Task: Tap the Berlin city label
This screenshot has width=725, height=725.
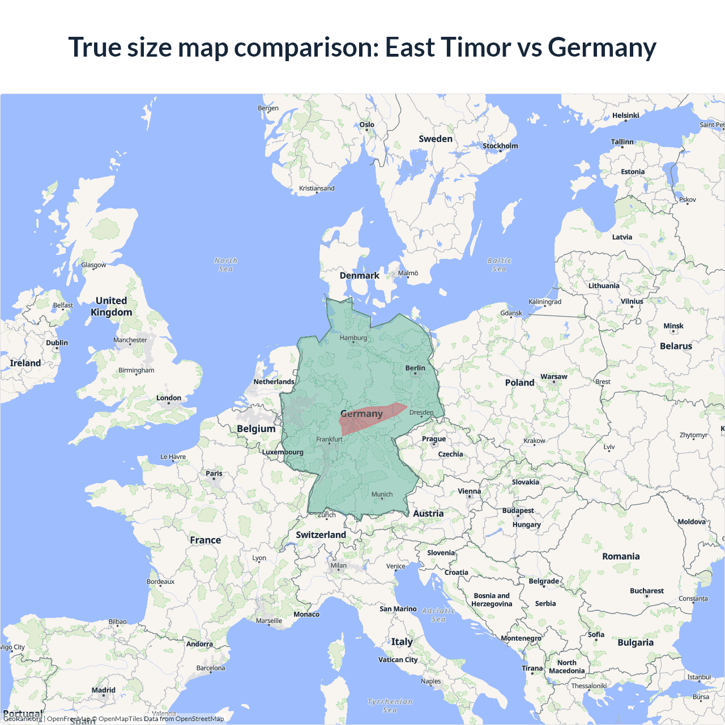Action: (x=415, y=368)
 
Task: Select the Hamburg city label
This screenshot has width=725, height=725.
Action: (x=353, y=338)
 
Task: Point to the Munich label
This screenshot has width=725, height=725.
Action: (x=382, y=494)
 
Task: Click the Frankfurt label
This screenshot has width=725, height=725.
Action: (x=329, y=440)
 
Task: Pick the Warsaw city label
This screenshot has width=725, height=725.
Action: (x=553, y=377)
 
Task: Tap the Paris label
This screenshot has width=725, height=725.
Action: (x=214, y=474)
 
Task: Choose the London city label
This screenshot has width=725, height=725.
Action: (x=169, y=398)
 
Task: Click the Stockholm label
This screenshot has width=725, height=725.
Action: (x=500, y=146)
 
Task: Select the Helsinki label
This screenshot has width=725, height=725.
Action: (x=625, y=116)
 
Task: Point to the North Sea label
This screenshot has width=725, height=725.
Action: (x=226, y=265)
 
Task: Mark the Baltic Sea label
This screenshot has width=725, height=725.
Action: (x=499, y=265)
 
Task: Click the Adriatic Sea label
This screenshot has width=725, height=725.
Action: (x=438, y=615)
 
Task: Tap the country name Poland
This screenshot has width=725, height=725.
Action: (x=519, y=383)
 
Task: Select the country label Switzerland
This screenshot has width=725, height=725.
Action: (x=321, y=535)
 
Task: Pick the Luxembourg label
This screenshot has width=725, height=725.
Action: (x=283, y=452)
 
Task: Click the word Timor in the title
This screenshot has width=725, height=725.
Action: (x=476, y=47)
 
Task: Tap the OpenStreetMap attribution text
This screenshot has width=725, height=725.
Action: (x=199, y=719)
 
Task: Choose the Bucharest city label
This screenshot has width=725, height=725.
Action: (x=646, y=591)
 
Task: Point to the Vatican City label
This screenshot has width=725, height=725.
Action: (x=398, y=660)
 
